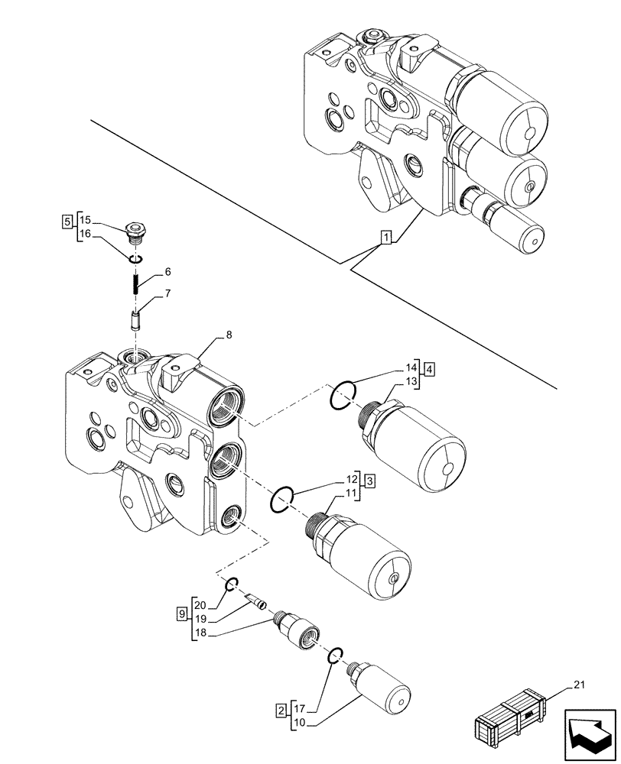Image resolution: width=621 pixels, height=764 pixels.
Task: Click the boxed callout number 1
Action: coord(387,238)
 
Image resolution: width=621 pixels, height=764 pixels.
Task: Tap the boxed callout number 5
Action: coord(68,222)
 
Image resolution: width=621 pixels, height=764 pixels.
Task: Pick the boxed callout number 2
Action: coord(282,712)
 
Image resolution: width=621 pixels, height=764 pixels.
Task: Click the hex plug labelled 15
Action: coord(135,230)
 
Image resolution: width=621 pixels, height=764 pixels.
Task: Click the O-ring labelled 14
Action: coord(343,395)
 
